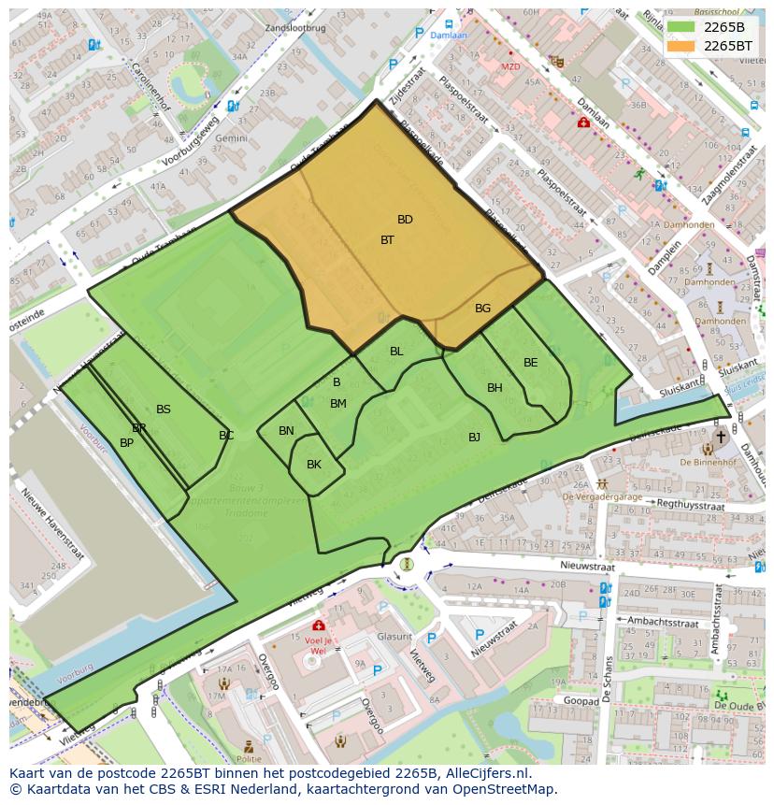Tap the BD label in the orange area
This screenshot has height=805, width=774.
(405, 220)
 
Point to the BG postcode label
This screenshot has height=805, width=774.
(482, 309)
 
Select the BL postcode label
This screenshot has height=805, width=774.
(396, 352)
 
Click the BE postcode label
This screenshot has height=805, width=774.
(530, 363)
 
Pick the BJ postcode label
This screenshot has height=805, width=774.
(474, 438)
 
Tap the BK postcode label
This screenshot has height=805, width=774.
(314, 465)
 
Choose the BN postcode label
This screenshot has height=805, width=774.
(286, 431)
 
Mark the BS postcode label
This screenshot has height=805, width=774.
(164, 410)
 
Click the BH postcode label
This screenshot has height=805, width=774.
(494, 388)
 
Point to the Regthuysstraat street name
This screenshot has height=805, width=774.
(691, 505)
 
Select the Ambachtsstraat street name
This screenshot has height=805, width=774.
(665, 620)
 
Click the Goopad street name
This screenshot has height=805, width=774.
(581, 699)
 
